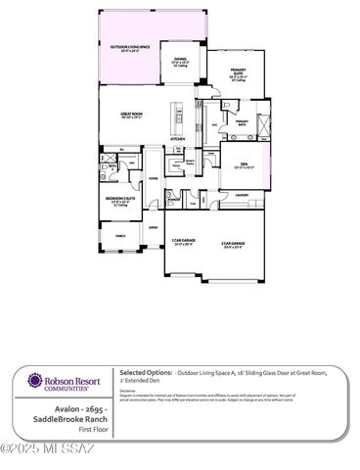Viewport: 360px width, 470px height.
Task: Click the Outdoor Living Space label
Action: tap(129, 48)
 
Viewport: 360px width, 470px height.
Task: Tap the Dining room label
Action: tap(180, 62)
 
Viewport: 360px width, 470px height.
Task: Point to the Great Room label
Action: tap(133, 115)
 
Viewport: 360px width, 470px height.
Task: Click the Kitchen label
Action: tap(177, 139)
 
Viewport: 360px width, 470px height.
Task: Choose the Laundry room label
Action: tap(244, 194)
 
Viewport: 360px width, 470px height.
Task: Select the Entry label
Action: tap(154, 227)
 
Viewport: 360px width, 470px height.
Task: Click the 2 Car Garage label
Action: tap(233, 245)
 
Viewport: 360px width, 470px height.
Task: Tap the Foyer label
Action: tap(154, 178)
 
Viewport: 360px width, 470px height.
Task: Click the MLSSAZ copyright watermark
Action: tap(48, 448)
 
